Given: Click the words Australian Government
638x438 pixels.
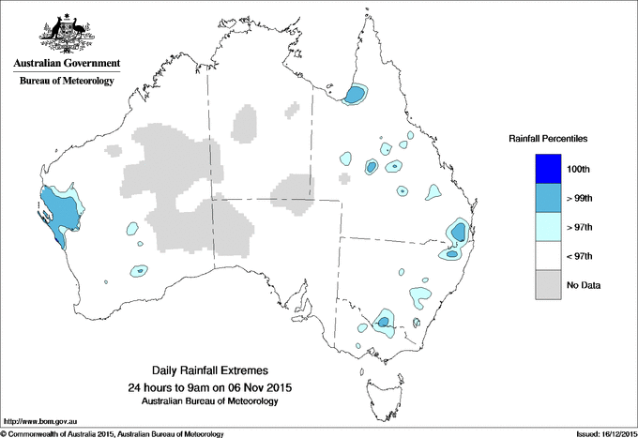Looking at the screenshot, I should coord(67,65).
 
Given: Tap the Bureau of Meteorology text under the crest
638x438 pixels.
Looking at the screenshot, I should coord(67,82).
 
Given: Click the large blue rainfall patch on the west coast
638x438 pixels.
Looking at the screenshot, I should coord(60,213).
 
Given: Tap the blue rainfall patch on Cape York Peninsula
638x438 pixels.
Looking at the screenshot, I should coord(356,95).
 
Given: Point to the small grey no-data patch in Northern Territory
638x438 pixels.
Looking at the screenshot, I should coord(245,123).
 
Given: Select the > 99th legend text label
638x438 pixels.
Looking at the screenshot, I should coord(592,199).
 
